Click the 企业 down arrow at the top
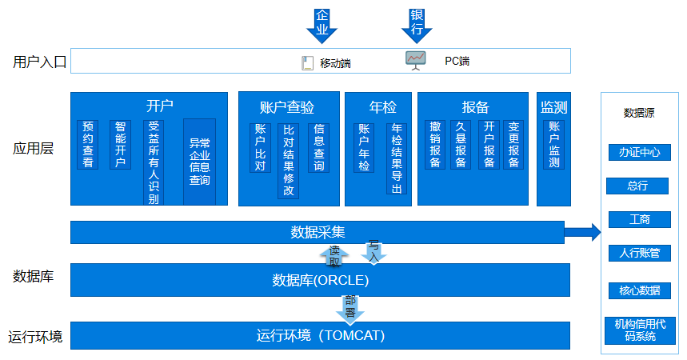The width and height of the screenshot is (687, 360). [322, 24]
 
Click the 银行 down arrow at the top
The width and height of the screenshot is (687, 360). [417, 24]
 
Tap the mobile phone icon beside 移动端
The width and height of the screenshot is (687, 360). [306, 62]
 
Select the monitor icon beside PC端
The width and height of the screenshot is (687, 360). [416, 60]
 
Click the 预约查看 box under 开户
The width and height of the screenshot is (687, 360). [88, 144]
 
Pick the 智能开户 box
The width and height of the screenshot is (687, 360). [120, 144]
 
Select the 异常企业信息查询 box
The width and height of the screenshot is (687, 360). [199, 162]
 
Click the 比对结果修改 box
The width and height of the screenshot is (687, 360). [289, 160]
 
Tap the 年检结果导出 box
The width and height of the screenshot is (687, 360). [396, 158]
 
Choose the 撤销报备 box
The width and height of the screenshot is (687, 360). [436, 144]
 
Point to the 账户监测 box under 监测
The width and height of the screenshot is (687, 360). [554, 144]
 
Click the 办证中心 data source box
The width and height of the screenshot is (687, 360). [639, 152]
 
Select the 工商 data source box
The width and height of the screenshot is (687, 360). [639, 219]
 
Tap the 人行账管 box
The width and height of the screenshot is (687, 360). [639, 253]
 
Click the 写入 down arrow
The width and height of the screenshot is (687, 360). [373, 250]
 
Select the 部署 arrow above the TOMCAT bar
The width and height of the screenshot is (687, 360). [350, 308]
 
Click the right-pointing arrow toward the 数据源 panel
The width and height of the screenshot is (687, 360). [583, 232]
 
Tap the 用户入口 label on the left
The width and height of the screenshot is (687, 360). [39, 62]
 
